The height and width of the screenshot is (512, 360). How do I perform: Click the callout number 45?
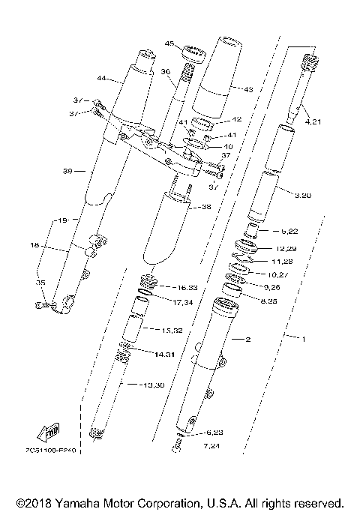[169, 44]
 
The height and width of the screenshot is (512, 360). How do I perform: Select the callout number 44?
[103, 78]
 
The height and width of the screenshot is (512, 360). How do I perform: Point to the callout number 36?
[166, 71]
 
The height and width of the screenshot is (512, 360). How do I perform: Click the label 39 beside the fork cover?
[67, 172]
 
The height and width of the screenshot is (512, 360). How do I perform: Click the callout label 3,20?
[304, 195]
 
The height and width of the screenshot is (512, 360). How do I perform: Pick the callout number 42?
[235, 119]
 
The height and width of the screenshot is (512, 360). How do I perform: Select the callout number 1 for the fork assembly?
[304, 339]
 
